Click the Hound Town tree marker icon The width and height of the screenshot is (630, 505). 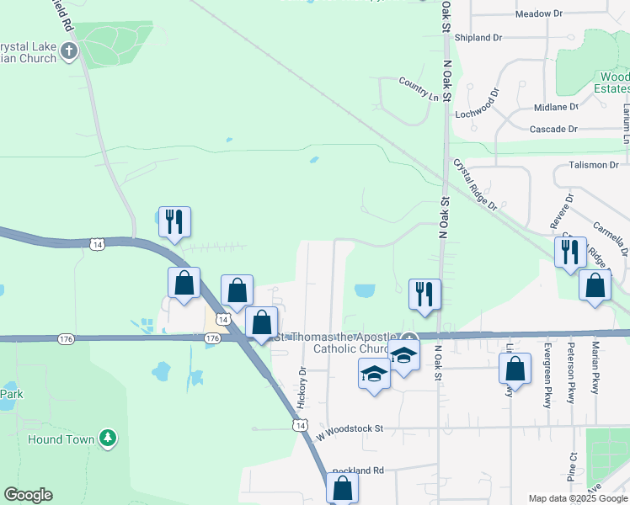(107, 438)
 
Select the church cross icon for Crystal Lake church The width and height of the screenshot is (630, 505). (69, 51)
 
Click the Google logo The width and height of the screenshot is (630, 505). (28, 495)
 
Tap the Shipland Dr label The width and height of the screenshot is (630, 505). (478, 38)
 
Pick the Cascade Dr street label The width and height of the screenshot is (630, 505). (553, 129)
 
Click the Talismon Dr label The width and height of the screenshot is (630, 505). (594, 165)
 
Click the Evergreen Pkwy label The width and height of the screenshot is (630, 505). (547, 375)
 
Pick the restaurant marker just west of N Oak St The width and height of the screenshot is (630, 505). (424, 294)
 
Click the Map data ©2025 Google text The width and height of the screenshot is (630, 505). (577, 497)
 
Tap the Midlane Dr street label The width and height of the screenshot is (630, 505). (556, 107)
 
